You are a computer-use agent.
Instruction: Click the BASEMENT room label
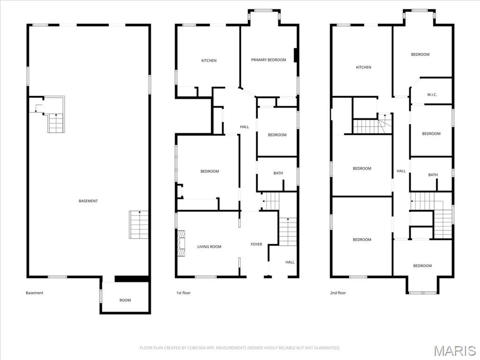coord(88,201)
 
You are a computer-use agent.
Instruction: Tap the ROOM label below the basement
coord(125,300)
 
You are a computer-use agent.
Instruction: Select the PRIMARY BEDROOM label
coord(268,60)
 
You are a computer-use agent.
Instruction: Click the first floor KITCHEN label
coord(209,60)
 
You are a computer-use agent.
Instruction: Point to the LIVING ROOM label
coord(209,247)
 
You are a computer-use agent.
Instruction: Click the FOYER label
coord(256,244)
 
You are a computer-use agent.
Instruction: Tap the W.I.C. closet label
coord(432,95)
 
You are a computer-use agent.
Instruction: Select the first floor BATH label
coord(278,173)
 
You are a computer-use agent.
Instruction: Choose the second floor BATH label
coord(433,175)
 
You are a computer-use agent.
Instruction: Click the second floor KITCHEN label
coord(363,67)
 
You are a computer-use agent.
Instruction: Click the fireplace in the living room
coord(181,244)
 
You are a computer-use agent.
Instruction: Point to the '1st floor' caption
coord(183,293)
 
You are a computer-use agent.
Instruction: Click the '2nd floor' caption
coord(338,293)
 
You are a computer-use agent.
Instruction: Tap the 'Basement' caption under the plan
coord(34,293)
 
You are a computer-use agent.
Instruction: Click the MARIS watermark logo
coord(455,351)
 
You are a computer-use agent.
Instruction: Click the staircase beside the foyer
coord(288,232)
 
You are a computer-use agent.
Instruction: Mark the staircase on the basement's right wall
coord(139,225)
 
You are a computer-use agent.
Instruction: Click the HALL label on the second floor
coord(401,171)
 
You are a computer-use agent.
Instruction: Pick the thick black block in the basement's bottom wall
coord(132,279)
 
